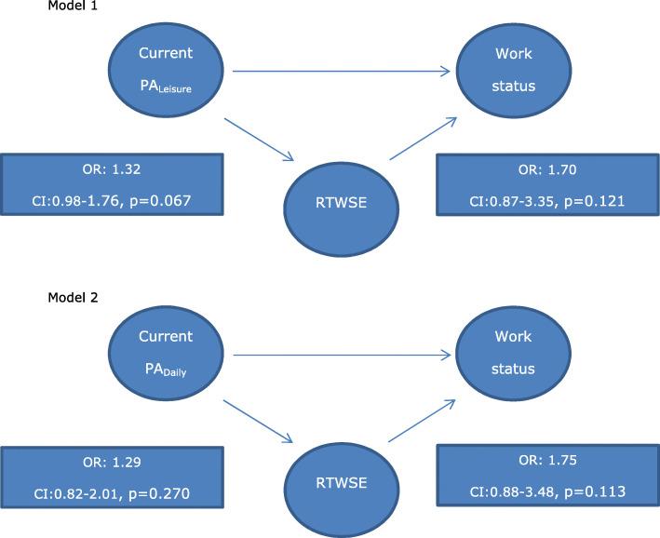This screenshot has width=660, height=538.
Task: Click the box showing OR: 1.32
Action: (112, 185)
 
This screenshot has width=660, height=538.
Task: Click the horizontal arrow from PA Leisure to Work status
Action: (341, 71)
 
